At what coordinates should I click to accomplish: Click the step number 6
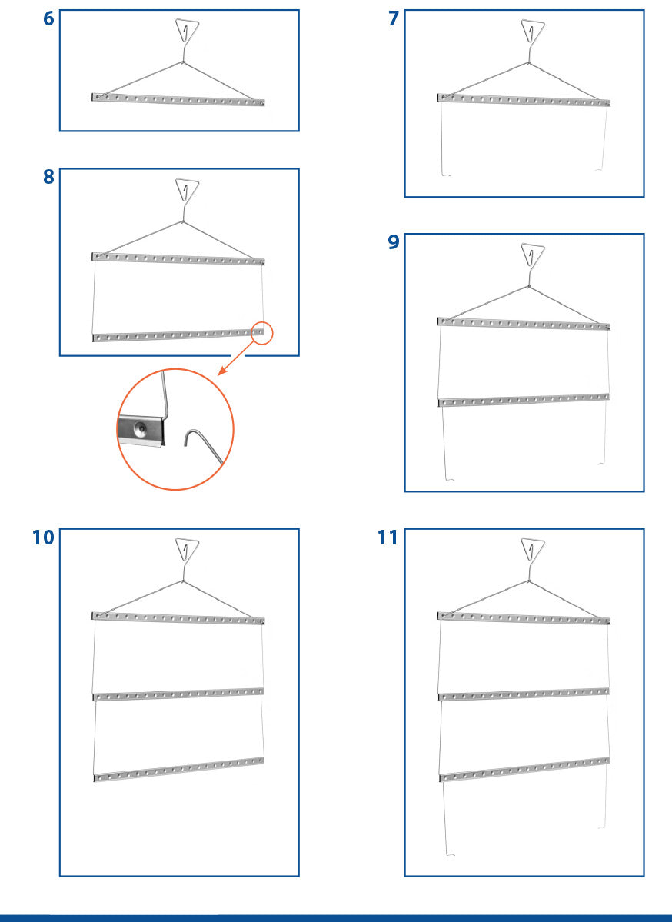pos(48,18)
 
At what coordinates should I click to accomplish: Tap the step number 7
pos(394,18)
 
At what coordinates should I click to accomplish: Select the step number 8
pos(48,176)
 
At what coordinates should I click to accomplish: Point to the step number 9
pos(394,241)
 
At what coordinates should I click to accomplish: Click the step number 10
pos(43,538)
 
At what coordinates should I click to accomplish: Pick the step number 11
pos(388,538)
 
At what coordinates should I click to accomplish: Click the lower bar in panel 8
pos(178,335)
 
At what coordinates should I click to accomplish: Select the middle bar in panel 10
pos(178,694)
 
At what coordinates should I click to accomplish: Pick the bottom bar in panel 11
pos(524,769)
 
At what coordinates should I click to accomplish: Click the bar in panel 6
pos(178,99)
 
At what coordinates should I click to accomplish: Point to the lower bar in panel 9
pos(524,400)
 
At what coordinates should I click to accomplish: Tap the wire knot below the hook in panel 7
pos(528,62)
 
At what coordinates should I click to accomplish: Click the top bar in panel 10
pos(178,617)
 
